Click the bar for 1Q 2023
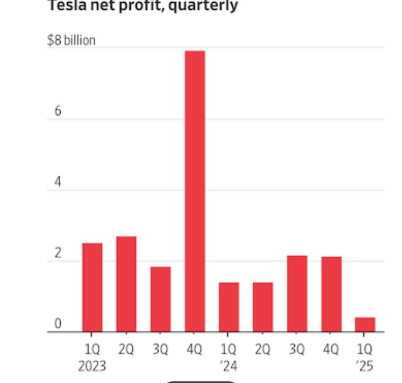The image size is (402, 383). [92, 287]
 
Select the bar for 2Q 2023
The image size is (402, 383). [126, 284]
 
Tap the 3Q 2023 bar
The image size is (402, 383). [161, 299]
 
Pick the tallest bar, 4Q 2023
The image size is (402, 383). [195, 191]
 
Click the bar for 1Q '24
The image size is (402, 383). [229, 307]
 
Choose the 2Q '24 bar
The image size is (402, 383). [263, 307]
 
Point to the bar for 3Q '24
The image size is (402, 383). [297, 294]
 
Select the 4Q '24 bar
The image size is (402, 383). [331, 294]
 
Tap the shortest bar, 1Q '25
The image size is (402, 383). [365, 324]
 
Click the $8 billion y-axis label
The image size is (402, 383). [71, 40]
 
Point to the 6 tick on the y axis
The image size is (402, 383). [57, 111]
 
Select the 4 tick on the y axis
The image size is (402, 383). [57, 183]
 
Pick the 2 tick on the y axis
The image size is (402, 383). [57, 254]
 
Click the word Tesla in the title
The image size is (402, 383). [64, 6]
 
